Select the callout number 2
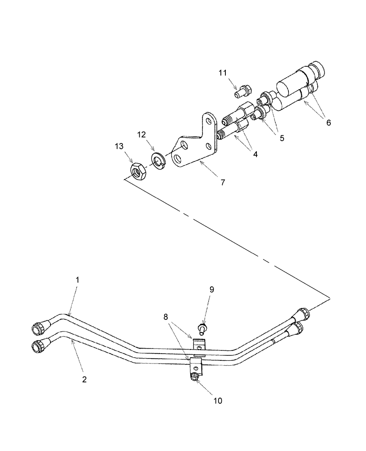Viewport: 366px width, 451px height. tap(84, 380)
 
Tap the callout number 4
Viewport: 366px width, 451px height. tap(255, 154)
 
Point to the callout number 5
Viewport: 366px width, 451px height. tap(282, 138)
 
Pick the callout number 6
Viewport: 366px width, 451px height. tap(328, 122)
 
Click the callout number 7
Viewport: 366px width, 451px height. tap(222, 183)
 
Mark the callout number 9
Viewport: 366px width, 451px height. tap(212, 290)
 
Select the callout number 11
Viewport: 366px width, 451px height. tap(223, 73)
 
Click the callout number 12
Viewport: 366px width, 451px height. tap(142, 135)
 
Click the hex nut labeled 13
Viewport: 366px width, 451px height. tap(137, 171)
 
